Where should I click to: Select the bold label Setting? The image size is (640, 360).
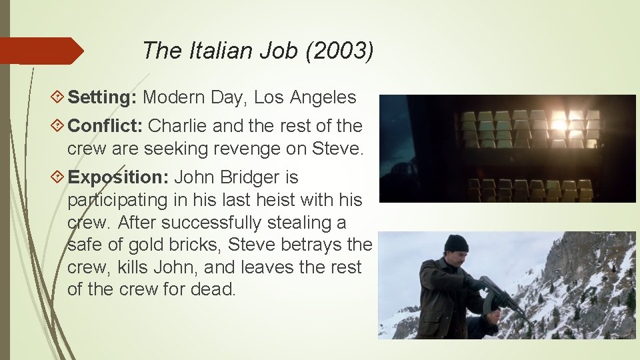pos(103,97)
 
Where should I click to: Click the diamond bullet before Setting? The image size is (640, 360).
pos(58,98)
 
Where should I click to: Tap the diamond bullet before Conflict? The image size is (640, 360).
pos(58,126)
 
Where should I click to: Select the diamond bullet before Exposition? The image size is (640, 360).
pos(58,178)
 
